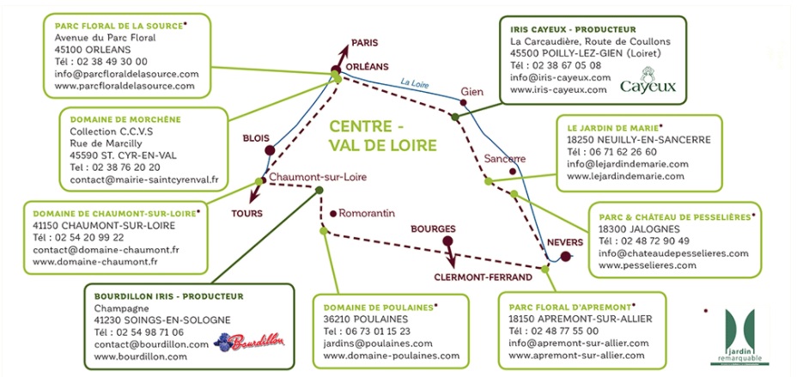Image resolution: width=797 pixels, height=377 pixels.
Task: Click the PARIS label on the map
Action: [x=365, y=43]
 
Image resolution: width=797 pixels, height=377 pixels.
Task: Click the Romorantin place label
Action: [x=368, y=213]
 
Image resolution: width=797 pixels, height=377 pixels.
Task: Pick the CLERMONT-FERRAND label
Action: [x=484, y=277]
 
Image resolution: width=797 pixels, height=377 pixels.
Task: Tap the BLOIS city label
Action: [x=256, y=137]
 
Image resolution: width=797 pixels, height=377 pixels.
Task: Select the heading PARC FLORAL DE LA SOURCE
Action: [x=119, y=26]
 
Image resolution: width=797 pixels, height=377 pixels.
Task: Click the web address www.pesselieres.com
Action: [x=648, y=265]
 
